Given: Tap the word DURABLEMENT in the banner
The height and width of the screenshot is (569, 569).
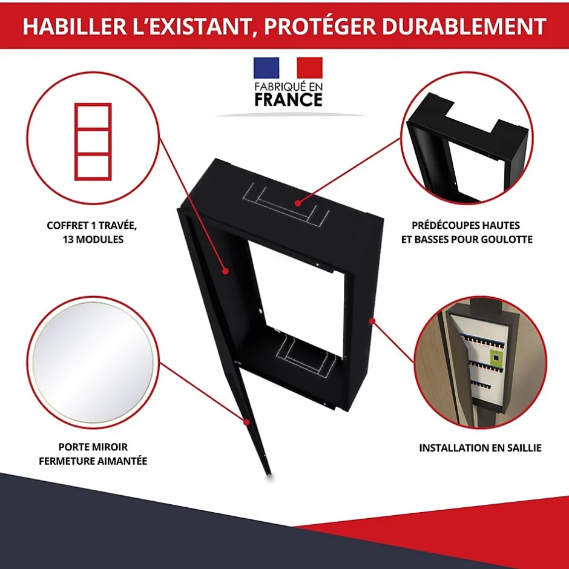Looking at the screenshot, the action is pyautogui.click(x=464, y=26).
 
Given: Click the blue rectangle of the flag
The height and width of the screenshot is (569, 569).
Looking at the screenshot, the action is pyautogui.click(x=266, y=68).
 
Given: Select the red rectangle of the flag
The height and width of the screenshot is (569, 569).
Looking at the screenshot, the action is pyautogui.click(x=309, y=68).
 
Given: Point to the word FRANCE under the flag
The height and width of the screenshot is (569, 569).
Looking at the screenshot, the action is pyautogui.click(x=289, y=100).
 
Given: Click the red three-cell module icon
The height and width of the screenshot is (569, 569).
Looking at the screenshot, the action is pyautogui.click(x=93, y=142).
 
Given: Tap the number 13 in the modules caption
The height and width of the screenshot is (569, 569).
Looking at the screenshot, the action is pyautogui.click(x=68, y=240).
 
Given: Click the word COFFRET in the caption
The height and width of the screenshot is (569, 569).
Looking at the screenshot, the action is pyautogui.click(x=68, y=225).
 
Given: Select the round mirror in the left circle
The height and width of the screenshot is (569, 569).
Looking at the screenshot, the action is pyautogui.click(x=93, y=362).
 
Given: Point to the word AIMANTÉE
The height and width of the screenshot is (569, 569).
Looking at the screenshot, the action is pyautogui.click(x=122, y=461).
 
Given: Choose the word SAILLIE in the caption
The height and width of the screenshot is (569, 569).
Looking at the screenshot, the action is pyautogui.click(x=522, y=448).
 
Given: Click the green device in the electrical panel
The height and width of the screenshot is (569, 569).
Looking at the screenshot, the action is pyautogui.click(x=496, y=357).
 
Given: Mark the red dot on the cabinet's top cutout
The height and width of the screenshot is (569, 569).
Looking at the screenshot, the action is pyautogui.click(x=298, y=203).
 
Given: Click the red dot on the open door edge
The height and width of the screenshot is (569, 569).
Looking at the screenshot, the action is pyautogui.click(x=247, y=423).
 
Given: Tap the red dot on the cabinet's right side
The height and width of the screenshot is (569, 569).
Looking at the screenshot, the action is pyautogui.click(x=372, y=321).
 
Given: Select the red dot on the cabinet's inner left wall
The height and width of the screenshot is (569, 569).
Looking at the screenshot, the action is pyautogui.click(x=225, y=271).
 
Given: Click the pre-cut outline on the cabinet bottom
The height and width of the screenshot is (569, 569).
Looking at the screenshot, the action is pyautogui.click(x=306, y=357).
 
